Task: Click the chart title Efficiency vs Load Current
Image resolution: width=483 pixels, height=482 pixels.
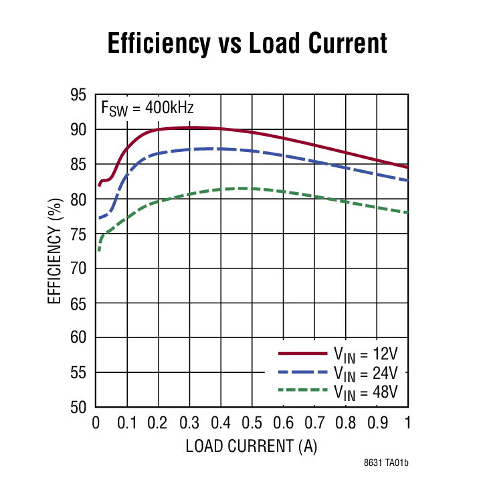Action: (247, 44)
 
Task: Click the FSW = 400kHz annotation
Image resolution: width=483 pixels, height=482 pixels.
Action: (147, 107)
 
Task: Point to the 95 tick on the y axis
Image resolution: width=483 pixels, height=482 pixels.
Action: (79, 95)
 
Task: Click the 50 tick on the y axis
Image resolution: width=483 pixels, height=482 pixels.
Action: (79, 407)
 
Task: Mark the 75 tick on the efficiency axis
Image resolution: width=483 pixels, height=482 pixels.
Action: (79, 234)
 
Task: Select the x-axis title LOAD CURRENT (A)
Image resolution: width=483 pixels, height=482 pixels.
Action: (252, 445)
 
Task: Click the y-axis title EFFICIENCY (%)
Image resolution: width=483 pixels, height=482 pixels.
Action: (55, 250)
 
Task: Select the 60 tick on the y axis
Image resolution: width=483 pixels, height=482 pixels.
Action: (79, 337)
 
